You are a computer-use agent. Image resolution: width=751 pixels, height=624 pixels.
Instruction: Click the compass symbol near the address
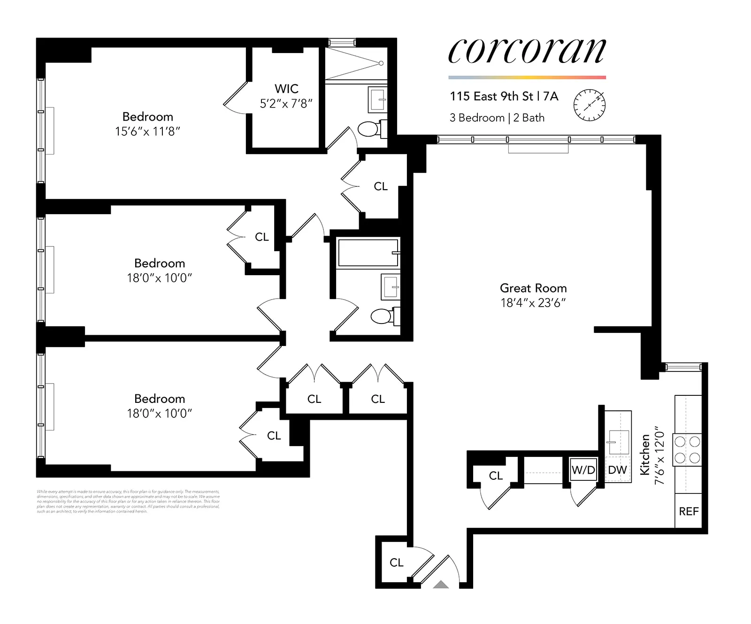point(590,105)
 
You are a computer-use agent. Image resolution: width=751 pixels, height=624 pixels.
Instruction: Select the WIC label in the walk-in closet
point(286,89)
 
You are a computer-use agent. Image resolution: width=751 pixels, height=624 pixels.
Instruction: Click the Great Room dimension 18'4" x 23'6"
point(533,303)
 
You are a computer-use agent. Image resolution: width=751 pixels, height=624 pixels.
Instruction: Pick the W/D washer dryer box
point(583,470)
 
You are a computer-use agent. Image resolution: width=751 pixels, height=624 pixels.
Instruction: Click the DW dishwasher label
point(617,470)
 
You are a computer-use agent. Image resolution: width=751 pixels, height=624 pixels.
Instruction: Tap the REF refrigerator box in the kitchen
point(689,511)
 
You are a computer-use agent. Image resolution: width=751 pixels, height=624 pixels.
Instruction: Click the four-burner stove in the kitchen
point(687,449)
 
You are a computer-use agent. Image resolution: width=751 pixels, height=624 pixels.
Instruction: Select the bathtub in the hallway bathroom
point(368,253)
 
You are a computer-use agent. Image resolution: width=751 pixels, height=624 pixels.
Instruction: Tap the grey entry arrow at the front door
point(441,585)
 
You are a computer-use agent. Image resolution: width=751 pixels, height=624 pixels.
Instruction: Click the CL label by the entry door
point(396,562)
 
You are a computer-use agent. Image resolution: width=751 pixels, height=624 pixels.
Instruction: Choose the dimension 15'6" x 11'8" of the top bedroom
point(147,131)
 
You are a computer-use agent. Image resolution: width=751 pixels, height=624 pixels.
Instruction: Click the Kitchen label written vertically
point(645,455)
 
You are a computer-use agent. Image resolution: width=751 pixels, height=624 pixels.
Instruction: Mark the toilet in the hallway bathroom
point(383,316)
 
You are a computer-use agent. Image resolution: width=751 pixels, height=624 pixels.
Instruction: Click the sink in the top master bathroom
point(378,100)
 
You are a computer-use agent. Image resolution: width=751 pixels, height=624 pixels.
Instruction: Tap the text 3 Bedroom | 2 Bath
point(497,118)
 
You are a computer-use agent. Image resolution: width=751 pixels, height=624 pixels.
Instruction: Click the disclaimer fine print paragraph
point(128,501)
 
